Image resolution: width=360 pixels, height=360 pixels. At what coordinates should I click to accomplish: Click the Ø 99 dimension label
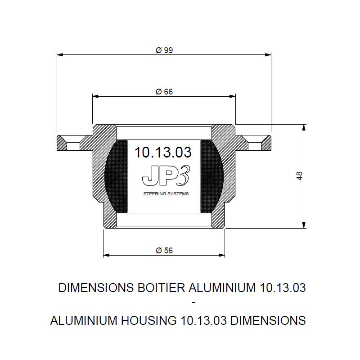(x=164, y=50)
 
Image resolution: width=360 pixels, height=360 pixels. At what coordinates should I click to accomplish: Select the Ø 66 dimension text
(x=164, y=92)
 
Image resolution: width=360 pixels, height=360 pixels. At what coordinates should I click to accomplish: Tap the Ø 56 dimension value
(x=164, y=250)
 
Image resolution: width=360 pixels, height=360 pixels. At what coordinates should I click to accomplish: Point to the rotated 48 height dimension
(x=299, y=176)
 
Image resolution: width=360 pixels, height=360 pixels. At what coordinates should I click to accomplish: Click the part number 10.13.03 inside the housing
(x=163, y=152)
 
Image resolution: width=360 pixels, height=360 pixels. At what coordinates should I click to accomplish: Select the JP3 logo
(x=166, y=175)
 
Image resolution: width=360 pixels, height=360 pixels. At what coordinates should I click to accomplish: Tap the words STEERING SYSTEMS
(x=166, y=194)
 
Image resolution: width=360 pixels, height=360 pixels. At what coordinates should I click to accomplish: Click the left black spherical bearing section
(x=116, y=176)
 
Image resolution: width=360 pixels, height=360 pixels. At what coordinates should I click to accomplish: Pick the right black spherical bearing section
(x=211, y=176)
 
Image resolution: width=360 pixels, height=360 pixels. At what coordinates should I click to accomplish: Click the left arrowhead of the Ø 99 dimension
(x=60, y=54)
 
